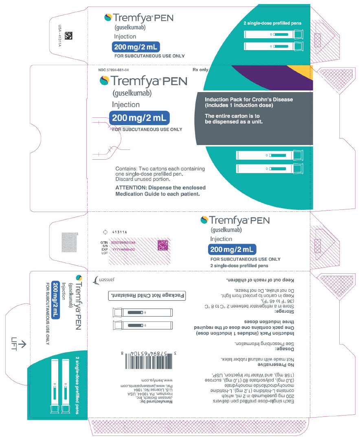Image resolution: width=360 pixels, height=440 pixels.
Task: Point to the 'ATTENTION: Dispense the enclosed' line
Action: pyautogui.click(x=160, y=187)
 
